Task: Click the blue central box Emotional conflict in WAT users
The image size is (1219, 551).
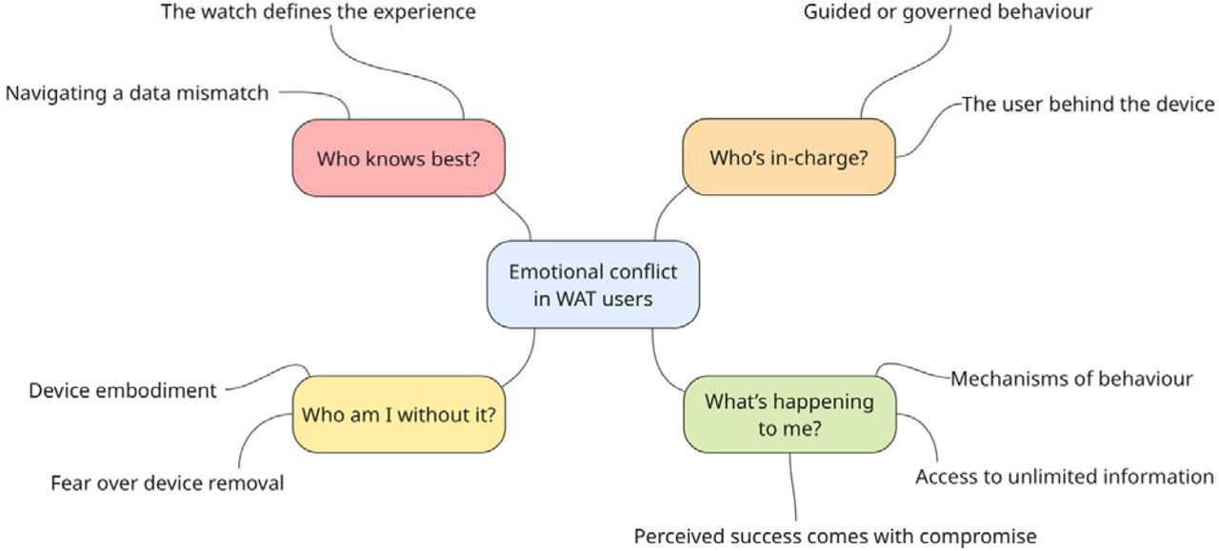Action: [x=593, y=285]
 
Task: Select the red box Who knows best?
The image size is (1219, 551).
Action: [x=398, y=158]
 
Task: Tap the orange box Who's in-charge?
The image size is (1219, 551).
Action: [x=789, y=157]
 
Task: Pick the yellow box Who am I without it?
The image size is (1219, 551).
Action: [x=399, y=414]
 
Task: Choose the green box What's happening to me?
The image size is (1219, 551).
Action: [x=789, y=414]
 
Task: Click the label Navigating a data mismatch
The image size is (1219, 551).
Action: [x=137, y=93]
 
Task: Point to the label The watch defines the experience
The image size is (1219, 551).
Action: [x=318, y=11]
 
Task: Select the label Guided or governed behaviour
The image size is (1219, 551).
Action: [x=948, y=12]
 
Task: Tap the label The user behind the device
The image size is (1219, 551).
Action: [x=1088, y=104]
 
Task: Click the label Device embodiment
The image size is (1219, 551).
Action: [x=123, y=390]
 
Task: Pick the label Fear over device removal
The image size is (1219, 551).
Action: [x=168, y=483]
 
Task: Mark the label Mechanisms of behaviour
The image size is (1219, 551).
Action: [x=1071, y=379]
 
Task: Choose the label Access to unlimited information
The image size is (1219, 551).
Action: [x=1065, y=477]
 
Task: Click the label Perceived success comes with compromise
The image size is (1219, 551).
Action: [x=835, y=537]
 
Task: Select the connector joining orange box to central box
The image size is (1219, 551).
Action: [x=665, y=211]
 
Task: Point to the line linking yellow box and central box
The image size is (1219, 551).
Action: [x=524, y=363]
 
